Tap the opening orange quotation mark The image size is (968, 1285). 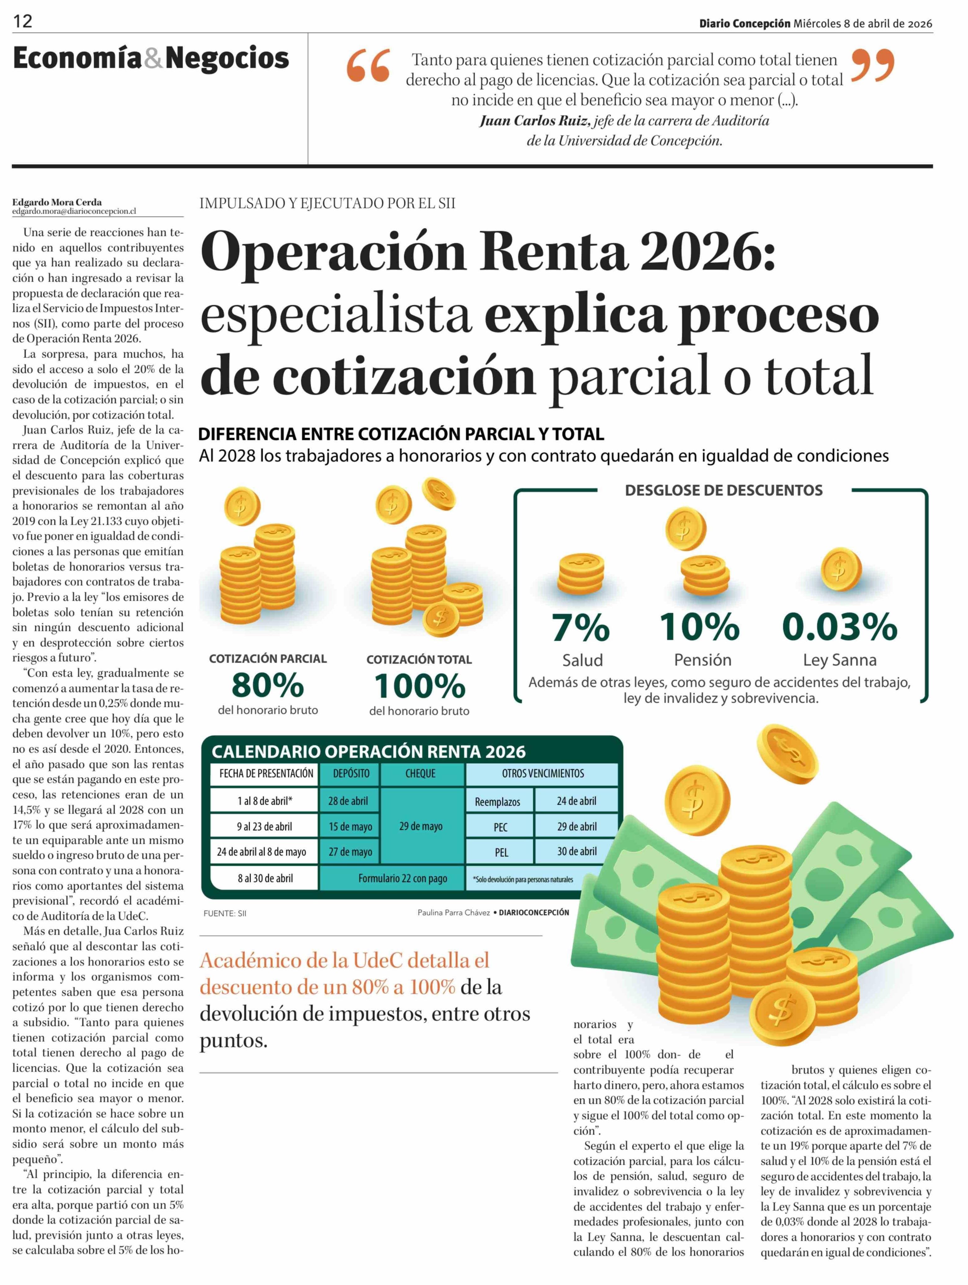click(368, 66)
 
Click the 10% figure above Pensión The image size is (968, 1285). click(700, 627)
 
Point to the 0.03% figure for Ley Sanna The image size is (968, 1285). click(840, 627)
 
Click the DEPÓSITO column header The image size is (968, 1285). click(351, 773)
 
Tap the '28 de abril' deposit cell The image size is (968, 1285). click(348, 800)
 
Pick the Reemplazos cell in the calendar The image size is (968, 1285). click(498, 802)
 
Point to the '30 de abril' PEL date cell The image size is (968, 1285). click(577, 851)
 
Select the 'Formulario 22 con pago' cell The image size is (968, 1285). click(402, 878)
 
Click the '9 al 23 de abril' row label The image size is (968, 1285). click(264, 826)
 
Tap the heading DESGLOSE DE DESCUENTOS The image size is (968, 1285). click(724, 490)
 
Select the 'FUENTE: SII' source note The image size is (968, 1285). click(225, 913)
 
